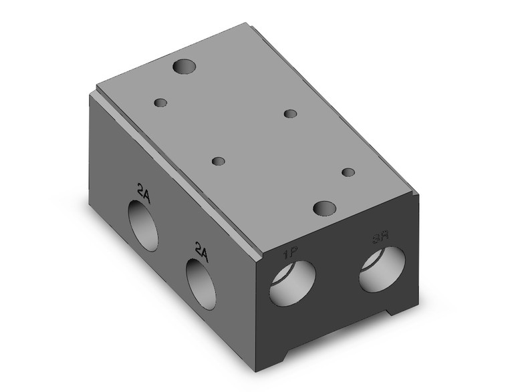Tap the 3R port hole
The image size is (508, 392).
pos(382,268)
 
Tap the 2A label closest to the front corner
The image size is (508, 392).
pos(201,249)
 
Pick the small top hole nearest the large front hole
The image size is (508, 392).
pos(348,172)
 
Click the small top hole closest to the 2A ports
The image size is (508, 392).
pos(218,162)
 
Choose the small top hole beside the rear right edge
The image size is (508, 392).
pos(290,114)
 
